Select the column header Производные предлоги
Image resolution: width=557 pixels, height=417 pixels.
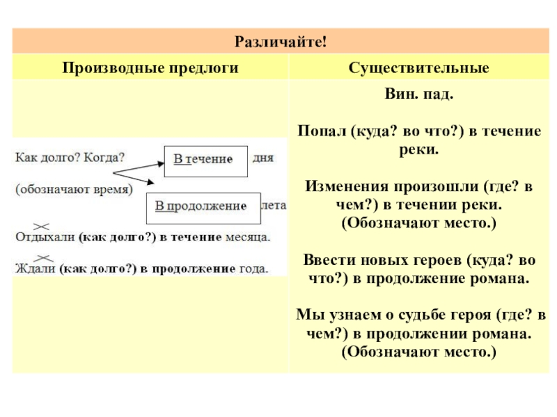pos(151,68)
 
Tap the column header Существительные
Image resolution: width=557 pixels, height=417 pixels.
pos(419,68)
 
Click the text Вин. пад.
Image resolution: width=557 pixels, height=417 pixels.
pos(419,93)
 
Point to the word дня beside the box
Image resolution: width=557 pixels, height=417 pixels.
pos(263,158)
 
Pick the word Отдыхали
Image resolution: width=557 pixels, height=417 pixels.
pos(45,237)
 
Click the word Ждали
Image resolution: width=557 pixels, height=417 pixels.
pos(36,268)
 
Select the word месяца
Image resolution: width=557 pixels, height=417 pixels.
pos(248,237)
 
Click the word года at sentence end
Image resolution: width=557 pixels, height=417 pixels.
pos(253,268)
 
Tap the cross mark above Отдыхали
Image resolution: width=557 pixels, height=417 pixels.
pos(41,226)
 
